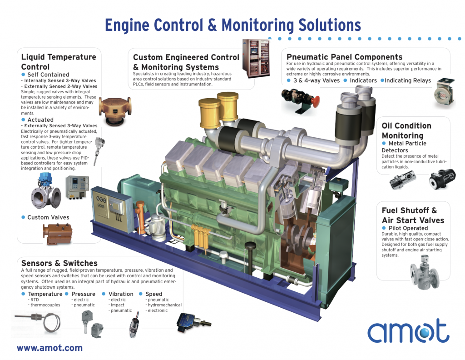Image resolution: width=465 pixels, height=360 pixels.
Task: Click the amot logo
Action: (x=408, y=330)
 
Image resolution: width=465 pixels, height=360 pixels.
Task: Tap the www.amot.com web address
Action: (x=49, y=348)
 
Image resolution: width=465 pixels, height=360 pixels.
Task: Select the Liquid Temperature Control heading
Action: (x=59, y=62)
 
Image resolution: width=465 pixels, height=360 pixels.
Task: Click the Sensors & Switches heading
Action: (x=59, y=263)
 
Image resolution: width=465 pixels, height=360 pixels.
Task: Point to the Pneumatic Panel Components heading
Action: (x=345, y=57)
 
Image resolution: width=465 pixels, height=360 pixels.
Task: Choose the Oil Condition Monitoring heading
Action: (x=406, y=130)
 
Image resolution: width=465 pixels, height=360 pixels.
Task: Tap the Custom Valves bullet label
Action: (x=48, y=217)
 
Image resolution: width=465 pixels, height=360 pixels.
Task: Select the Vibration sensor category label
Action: (x=121, y=294)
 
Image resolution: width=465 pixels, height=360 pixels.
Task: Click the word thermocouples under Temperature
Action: (x=45, y=305)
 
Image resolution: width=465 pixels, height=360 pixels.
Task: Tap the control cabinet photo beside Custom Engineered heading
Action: (x=256, y=59)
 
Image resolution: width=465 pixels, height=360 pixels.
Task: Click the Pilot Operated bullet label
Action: (x=408, y=228)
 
